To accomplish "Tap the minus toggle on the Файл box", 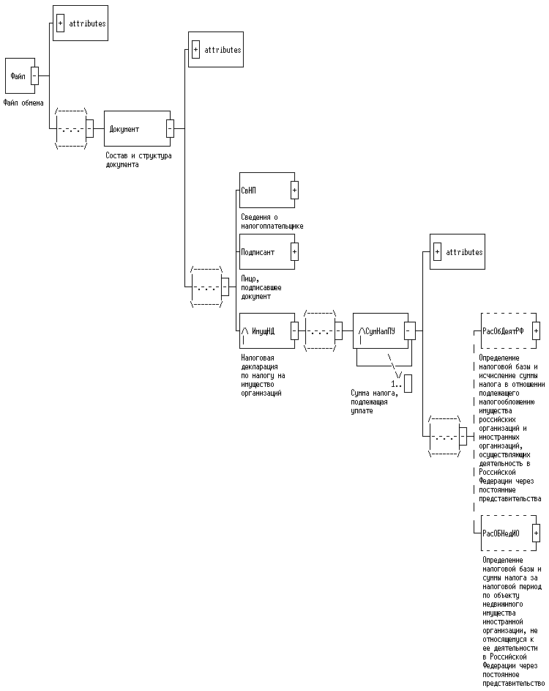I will (34, 75).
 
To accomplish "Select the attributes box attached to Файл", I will (81, 23).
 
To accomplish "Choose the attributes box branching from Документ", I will (215, 50).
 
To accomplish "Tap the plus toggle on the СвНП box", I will (294, 191).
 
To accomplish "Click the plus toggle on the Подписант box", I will (294, 252).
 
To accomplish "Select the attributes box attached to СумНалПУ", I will (457, 252).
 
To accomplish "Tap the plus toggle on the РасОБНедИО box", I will (536, 533).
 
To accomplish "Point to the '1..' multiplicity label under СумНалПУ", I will (396, 383).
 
